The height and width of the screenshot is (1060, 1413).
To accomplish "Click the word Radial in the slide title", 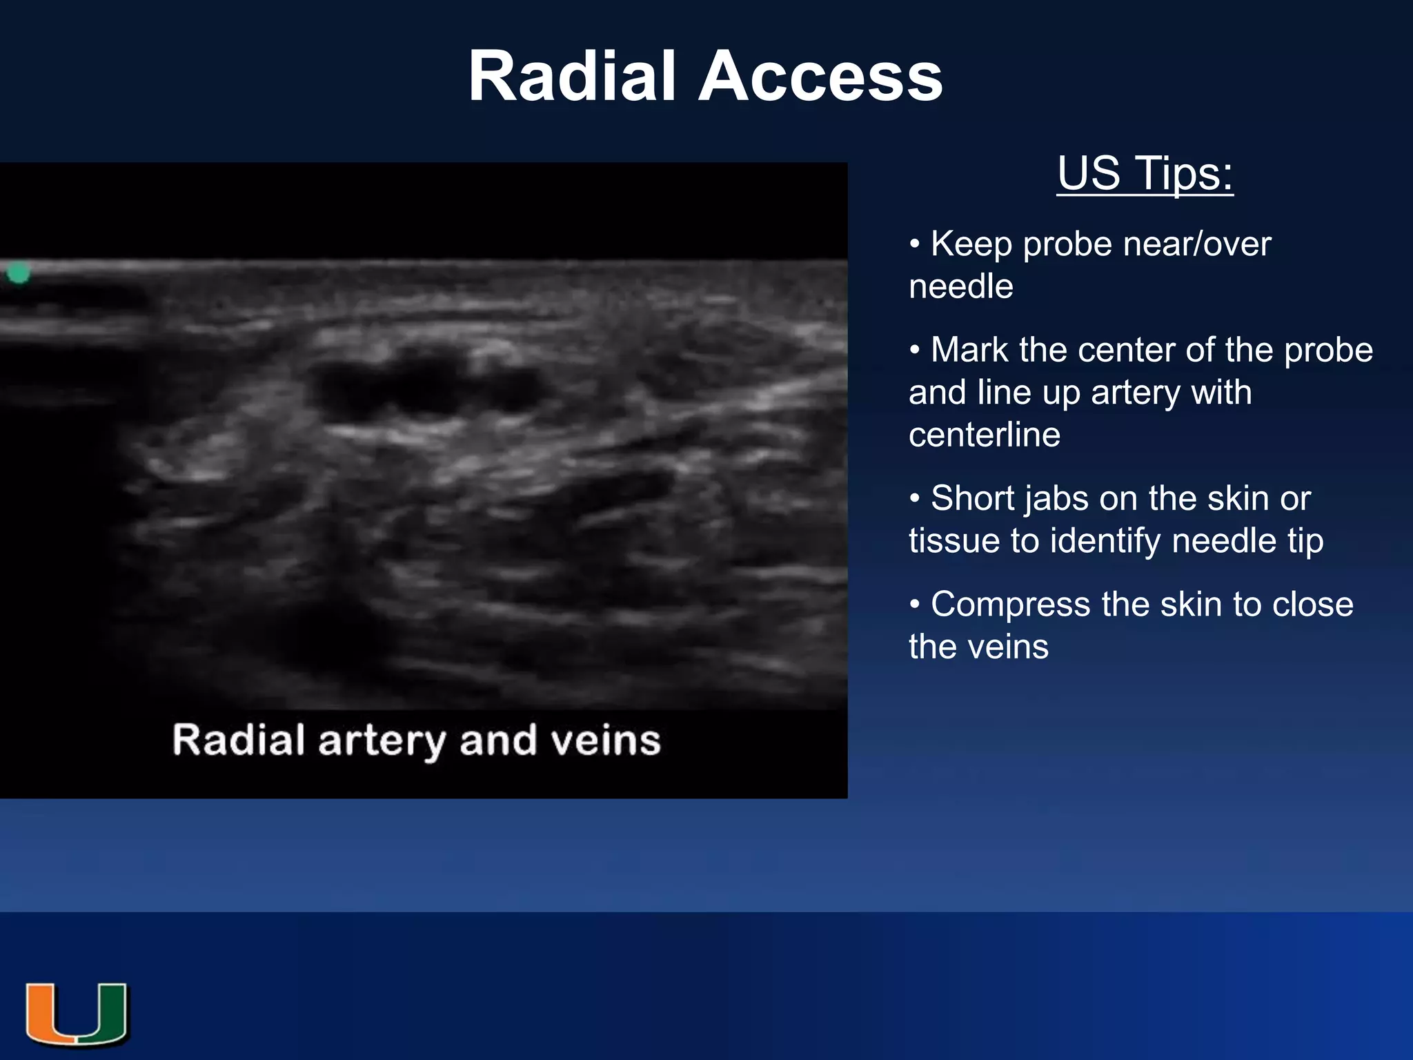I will coord(571,77).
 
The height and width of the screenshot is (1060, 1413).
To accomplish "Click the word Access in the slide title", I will coord(820,77).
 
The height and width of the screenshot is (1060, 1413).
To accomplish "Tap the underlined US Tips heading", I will coord(1145,173).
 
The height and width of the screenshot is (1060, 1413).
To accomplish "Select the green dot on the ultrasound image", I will coord(19,273).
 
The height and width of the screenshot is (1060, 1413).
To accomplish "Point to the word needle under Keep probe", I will coord(960,286).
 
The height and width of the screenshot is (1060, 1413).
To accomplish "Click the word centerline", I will coord(984,435).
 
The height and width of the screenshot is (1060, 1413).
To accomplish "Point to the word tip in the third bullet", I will coord(1305,540).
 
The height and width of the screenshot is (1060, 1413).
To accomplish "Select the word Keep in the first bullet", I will coord(971,244).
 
